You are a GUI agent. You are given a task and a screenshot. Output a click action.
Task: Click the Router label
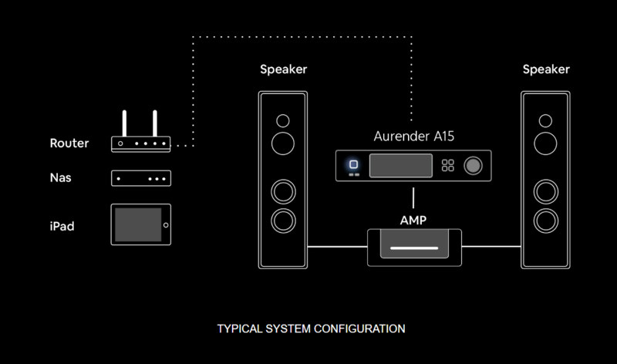click(69, 143)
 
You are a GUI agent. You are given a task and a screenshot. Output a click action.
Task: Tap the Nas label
click(62, 178)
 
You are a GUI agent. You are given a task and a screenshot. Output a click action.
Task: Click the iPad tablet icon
click(141, 224)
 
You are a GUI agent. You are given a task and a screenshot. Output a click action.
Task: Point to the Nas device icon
click(141, 178)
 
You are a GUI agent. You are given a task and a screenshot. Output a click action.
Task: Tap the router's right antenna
click(155, 123)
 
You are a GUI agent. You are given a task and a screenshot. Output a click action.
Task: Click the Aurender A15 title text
click(413, 136)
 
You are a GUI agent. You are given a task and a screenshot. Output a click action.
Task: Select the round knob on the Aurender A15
click(473, 165)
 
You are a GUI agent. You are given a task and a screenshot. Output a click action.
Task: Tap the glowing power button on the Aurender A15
click(353, 164)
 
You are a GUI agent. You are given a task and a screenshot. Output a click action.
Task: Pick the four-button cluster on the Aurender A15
click(447, 165)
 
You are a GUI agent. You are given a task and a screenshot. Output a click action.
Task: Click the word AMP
click(413, 220)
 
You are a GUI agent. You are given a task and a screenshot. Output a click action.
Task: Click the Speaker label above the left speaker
click(283, 69)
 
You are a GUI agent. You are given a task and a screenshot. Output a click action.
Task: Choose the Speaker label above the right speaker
click(546, 69)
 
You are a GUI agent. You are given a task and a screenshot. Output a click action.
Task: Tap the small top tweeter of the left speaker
click(283, 120)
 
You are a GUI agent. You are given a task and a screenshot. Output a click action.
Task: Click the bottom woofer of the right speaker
click(546, 220)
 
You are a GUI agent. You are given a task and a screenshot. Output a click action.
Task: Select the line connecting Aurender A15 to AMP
click(414, 197)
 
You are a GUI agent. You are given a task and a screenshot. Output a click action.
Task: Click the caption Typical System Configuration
click(311, 329)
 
